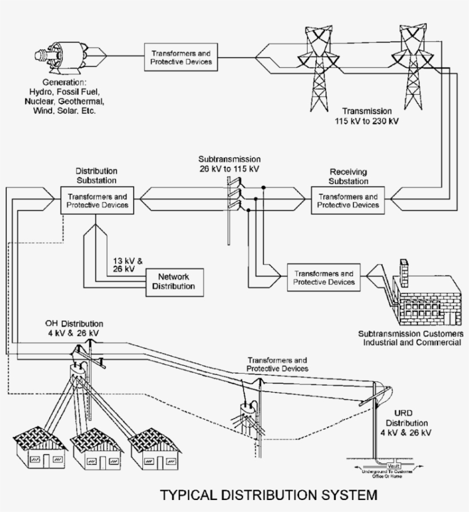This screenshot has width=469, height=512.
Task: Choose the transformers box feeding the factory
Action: [324, 278]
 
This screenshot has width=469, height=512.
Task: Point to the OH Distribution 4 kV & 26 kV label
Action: [75, 329]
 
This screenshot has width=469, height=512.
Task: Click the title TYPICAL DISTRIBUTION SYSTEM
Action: [268, 494]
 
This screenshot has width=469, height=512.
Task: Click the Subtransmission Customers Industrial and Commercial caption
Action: [409, 338]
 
